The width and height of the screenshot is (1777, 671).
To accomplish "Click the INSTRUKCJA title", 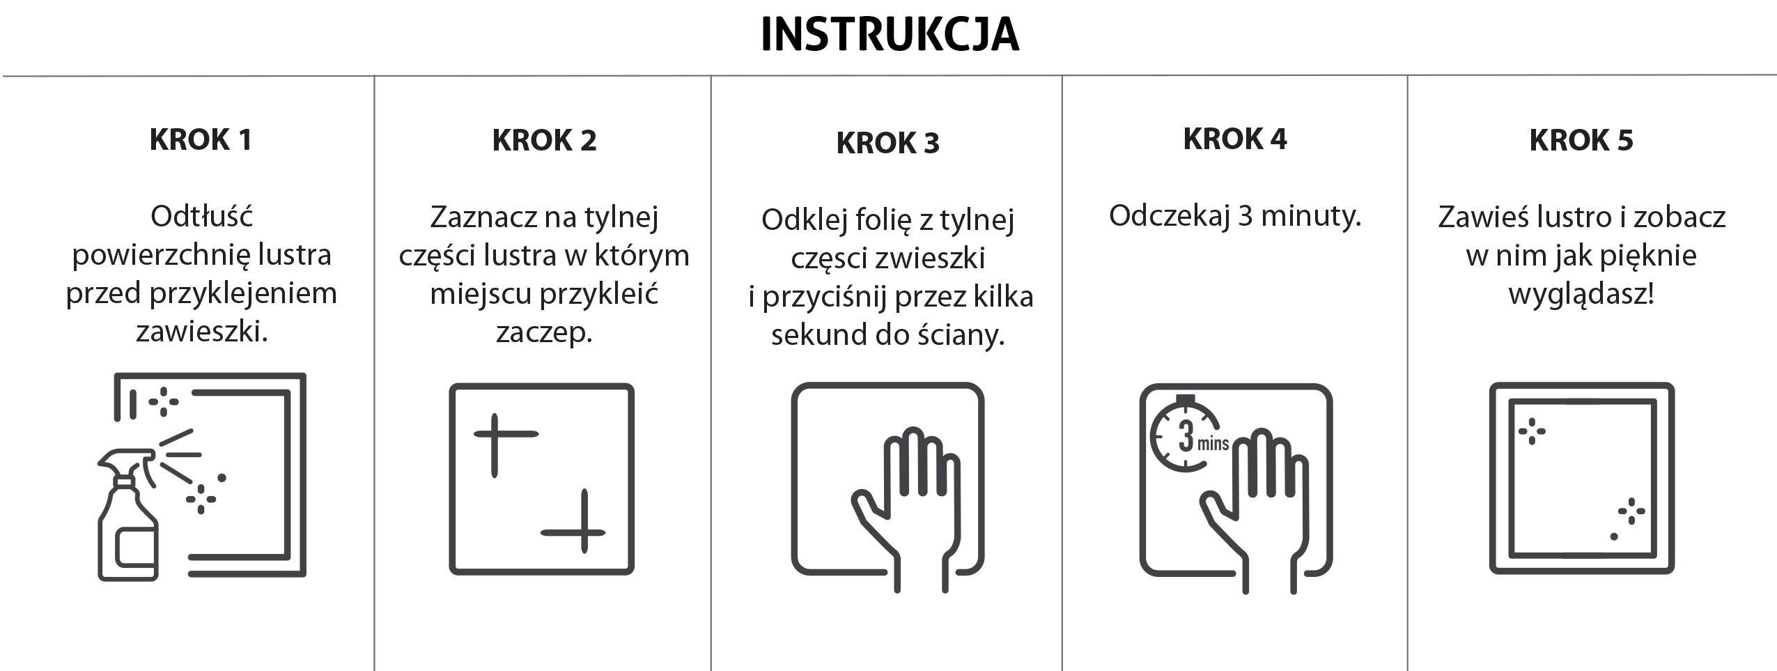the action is click(890, 34).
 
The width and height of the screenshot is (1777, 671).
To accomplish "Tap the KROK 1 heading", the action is click(201, 140).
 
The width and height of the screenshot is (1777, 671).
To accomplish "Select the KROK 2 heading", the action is click(544, 140).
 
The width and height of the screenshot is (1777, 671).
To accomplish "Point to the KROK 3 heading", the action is click(887, 144).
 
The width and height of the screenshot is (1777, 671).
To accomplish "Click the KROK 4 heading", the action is click(1234, 139).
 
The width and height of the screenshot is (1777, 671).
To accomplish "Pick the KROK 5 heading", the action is click(1581, 140).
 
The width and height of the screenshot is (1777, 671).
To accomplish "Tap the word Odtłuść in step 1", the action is click(201, 216).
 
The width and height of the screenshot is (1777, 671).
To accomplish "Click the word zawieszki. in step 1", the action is click(202, 332).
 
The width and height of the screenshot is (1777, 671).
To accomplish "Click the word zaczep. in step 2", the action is click(544, 333).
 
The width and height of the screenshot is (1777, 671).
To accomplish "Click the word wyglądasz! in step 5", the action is click(1581, 295).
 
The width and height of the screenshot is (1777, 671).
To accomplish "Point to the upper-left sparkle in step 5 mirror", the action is click(1532, 431).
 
